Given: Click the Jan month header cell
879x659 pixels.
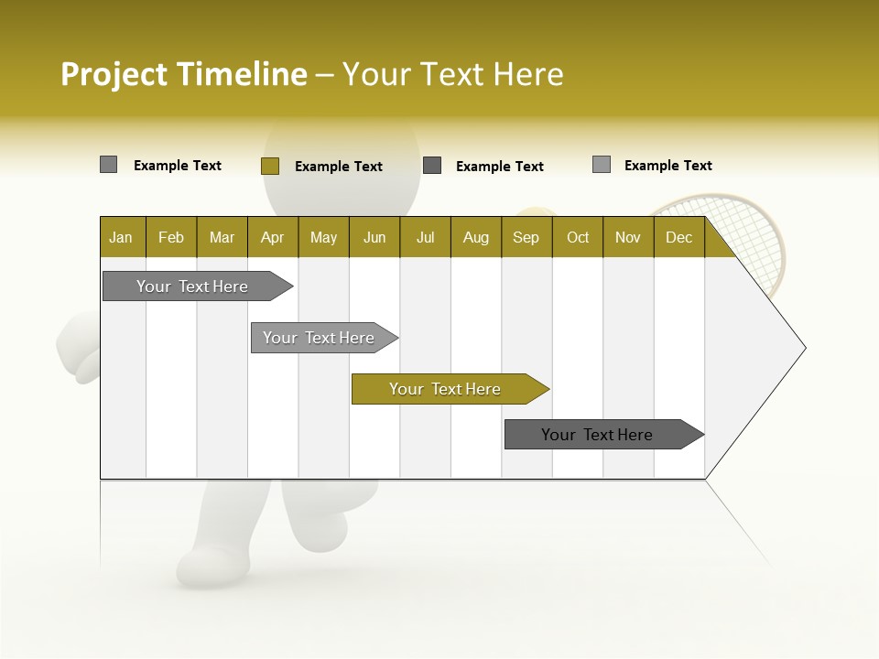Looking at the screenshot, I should (x=122, y=237).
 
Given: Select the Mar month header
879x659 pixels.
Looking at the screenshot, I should (x=222, y=237).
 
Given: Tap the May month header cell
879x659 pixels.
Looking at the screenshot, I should (x=323, y=237).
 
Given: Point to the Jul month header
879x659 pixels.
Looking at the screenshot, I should (x=425, y=237).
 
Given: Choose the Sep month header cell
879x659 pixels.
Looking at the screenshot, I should (x=526, y=237).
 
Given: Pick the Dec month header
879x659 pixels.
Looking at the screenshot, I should (x=678, y=237).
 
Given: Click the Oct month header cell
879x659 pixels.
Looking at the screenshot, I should (x=578, y=237).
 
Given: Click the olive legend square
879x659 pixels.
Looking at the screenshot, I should (x=269, y=166).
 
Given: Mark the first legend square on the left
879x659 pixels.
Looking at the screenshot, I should (x=108, y=165).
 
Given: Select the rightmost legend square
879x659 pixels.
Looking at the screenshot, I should (x=601, y=165).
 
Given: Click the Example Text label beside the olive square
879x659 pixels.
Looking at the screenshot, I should (x=338, y=167).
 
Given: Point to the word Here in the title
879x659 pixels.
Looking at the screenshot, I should (x=528, y=74).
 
